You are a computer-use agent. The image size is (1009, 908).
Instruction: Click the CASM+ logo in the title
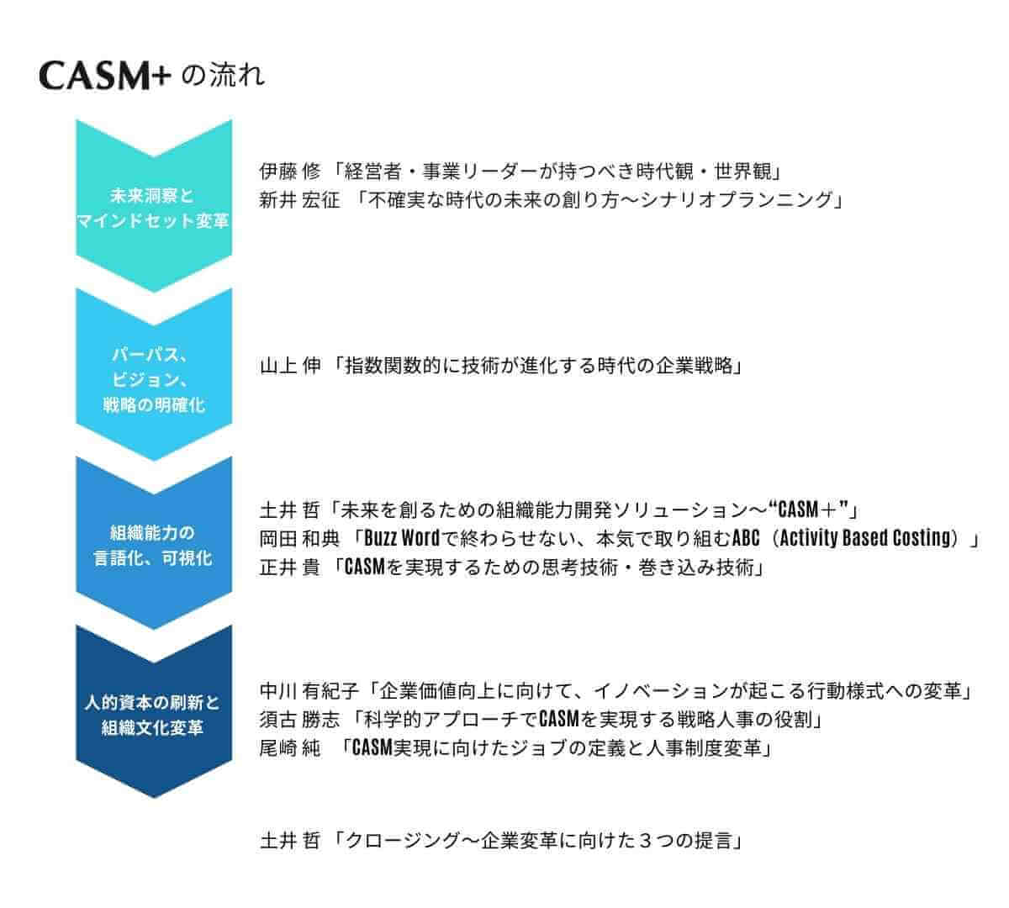pyautogui.click(x=104, y=77)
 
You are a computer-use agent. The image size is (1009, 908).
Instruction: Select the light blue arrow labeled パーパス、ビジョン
pyautogui.click(x=153, y=373)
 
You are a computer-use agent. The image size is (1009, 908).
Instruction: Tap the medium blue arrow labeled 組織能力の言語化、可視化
pyautogui.click(x=153, y=543)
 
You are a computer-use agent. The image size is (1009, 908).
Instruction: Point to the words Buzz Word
pyautogui.click(x=402, y=538)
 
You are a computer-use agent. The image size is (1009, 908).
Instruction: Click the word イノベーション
pyautogui.click(x=661, y=692)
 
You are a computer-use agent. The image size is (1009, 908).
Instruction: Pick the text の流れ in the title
pyautogui.click(x=223, y=76)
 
